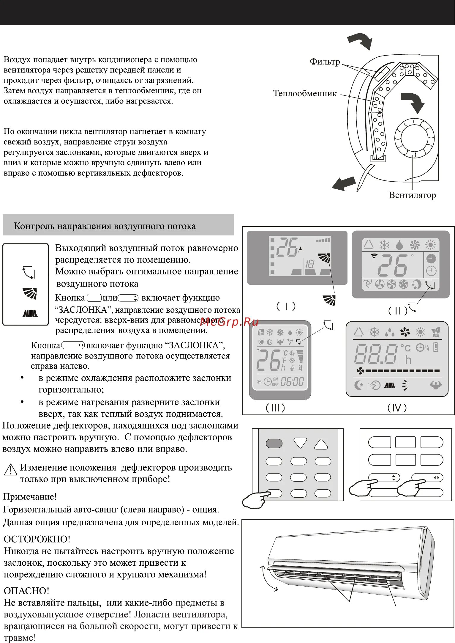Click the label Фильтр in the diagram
(x=325, y=62)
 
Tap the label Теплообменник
(x=305, y=93)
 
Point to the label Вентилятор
(x=412, y=195)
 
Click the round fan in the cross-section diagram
(x=414, y=138)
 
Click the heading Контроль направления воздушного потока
(x=105, y=226)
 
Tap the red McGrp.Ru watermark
(x=229, y=322)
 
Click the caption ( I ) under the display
(x=286, y=306)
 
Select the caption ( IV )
(x=397, y=408)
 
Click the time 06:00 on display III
(x=292, y=381)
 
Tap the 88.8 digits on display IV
(x=375, y=354)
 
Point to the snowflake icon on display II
(x=384, y=245)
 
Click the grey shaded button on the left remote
(x=274, y=444)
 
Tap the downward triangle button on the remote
(x=300, y=443)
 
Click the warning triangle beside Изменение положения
(x=10, y=469)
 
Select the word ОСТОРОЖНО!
(x=37, y=539)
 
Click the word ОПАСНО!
(x=26, y=591)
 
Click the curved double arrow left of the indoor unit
(x=268, y=578)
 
